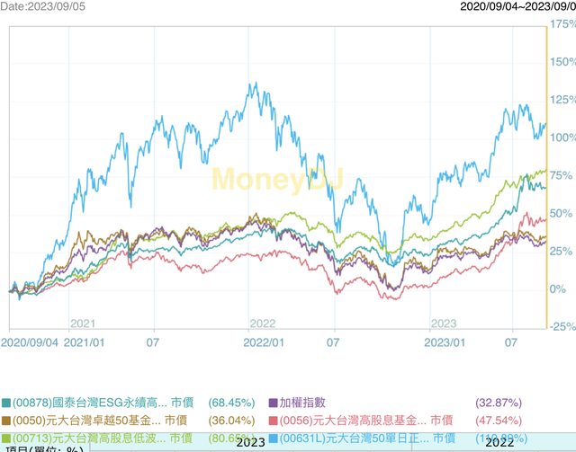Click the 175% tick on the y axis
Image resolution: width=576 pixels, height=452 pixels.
(562, 23)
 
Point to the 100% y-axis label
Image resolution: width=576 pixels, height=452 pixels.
(562, 137)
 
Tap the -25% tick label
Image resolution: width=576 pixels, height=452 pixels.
(562, 326)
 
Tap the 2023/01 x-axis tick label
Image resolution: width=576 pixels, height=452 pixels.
(444, 341)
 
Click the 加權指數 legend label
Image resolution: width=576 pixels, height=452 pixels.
(310, 403)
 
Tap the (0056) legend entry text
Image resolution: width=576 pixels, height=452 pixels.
(350, 420)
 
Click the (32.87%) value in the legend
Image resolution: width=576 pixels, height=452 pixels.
(498, 403)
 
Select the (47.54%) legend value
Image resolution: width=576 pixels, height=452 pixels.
(498, 420)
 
